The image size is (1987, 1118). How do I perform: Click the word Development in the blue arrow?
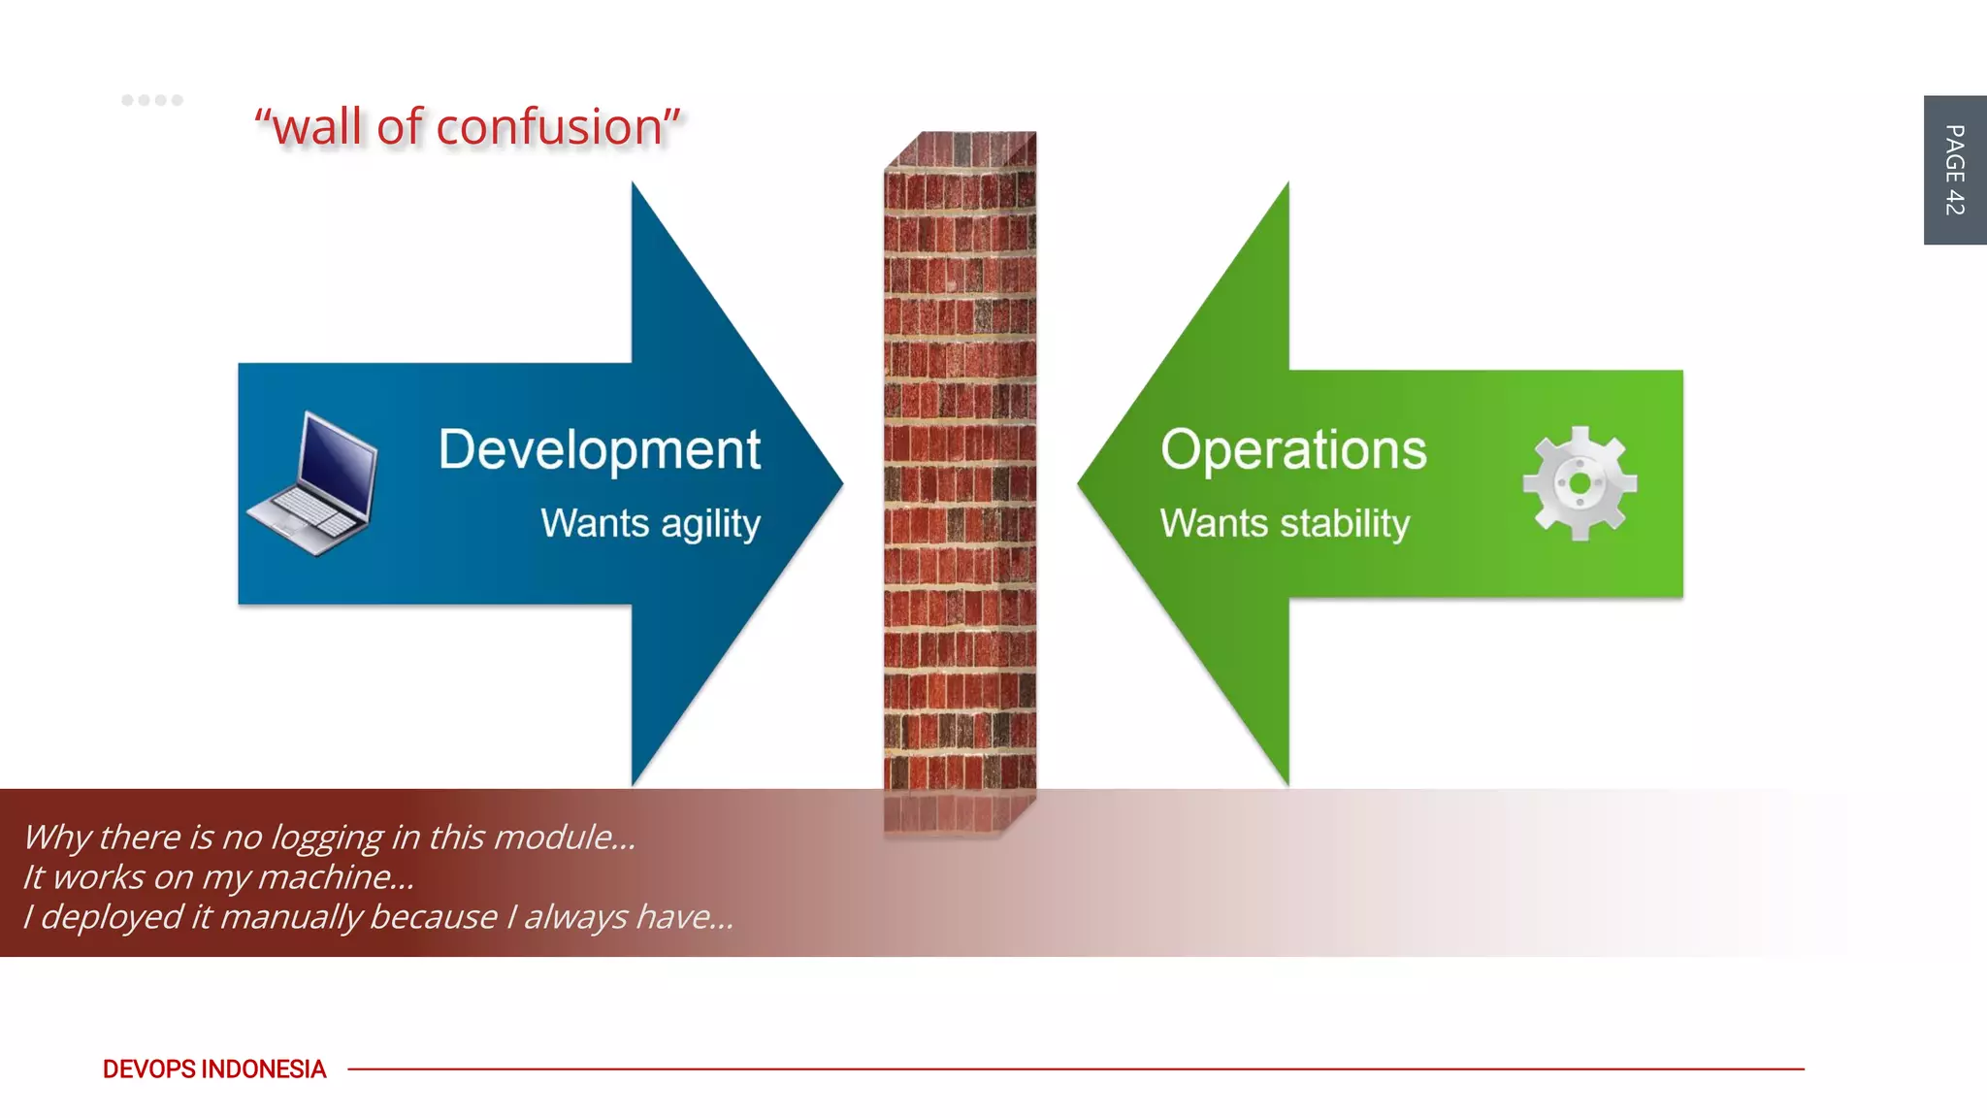pos(599,450)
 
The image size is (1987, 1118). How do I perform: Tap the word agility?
pos(710,525)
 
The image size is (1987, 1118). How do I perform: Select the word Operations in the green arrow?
pos(1293,450)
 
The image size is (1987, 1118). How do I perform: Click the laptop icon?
pos(312,483)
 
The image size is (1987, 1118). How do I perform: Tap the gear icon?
pos(1580,483)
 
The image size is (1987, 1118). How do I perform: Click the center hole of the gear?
pos(1580,483)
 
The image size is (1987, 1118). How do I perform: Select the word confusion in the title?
pos(548,127)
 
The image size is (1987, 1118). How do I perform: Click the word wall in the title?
pos(317,127)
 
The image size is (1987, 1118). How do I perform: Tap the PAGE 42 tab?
pos(1954,170)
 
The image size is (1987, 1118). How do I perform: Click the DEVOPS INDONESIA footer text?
pos(214,1069)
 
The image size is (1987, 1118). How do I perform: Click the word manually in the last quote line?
pos(291,917)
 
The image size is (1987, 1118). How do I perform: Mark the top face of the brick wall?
pos(961,150)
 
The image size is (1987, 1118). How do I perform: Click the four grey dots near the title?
pos(152,100)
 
